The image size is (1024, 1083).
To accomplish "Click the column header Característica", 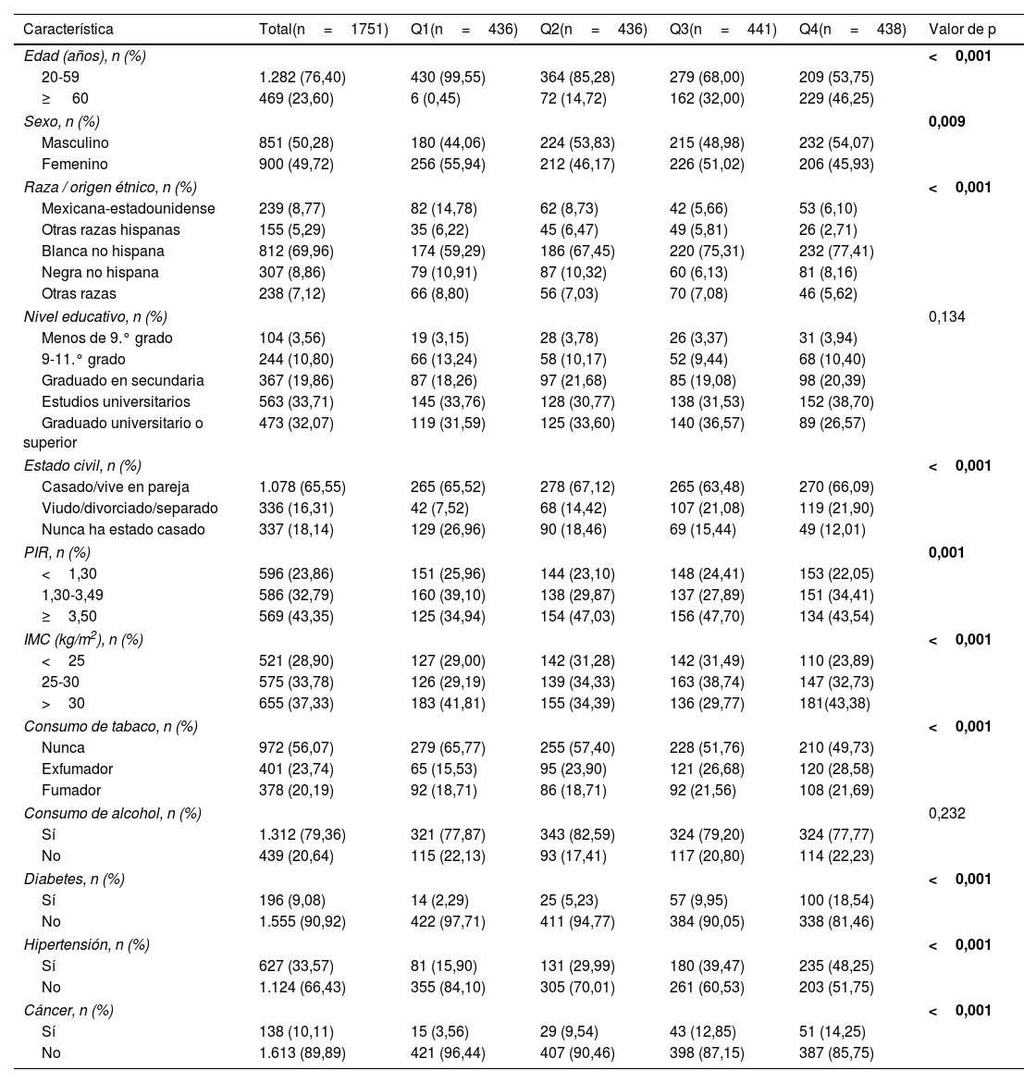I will (68, 30).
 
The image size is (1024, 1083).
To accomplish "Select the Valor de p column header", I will (962, 30).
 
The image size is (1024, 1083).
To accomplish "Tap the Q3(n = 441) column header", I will (722, 30).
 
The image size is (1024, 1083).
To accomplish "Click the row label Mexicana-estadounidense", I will (128, 208).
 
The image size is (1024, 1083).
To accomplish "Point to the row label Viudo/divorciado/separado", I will (130, 508).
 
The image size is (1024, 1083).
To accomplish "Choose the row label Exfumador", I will (77, 769).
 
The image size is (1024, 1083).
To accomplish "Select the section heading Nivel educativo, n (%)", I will (95, 316).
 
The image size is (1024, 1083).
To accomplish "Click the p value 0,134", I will (946, 316).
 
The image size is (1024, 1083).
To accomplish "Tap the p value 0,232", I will (946, 813).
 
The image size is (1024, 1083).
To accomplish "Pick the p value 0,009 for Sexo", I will (946, 121).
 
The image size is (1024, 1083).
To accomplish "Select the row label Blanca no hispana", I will (103, 251).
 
